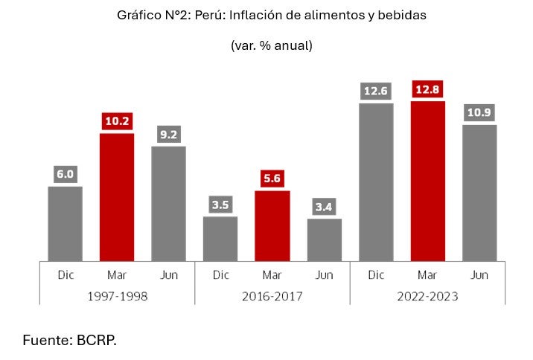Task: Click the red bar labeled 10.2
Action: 116,197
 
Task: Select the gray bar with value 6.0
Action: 65,223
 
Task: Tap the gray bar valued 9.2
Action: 168,203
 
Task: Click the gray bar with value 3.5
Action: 220,238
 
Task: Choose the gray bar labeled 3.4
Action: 325,240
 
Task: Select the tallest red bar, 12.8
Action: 427,181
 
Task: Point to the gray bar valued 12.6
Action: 376,182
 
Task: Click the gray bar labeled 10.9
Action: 479,193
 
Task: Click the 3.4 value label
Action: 325,208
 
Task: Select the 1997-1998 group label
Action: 117,296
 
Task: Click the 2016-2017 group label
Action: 272,296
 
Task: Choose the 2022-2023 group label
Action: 428,296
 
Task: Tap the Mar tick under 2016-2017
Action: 272,274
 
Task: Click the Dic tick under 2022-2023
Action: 376,274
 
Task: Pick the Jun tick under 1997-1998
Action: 168,274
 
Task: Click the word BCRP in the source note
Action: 96,341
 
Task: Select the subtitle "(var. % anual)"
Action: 271,45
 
